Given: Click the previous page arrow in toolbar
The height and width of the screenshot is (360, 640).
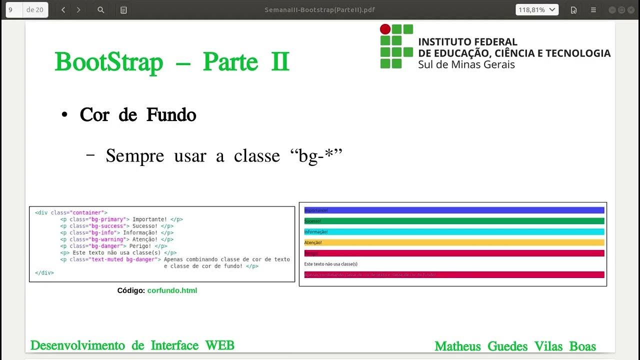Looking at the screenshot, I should [63, 10].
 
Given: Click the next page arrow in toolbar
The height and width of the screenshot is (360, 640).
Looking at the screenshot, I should [78, 10].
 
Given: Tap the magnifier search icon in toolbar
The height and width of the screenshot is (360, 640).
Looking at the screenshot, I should [101, 10].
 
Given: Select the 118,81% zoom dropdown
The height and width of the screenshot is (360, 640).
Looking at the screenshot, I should [537, 10].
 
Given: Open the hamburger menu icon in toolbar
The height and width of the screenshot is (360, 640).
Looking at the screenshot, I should [593, 10].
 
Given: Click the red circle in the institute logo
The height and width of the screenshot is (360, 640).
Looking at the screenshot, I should [385, 29].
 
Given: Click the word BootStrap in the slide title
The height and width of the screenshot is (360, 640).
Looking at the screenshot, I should [109, 62].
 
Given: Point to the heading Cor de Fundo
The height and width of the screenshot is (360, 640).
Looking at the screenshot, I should [138, 115].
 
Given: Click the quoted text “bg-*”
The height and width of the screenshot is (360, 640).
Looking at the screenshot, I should [316, 156].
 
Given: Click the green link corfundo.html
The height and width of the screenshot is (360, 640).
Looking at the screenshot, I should [172, 290].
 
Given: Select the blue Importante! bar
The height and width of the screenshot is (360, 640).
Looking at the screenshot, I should [454, 210].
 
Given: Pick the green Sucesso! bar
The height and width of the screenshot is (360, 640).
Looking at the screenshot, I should [454, 221].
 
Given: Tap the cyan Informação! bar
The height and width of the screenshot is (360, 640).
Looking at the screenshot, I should [454, 232].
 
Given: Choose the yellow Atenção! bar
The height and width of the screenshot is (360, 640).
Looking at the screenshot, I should [454, 242].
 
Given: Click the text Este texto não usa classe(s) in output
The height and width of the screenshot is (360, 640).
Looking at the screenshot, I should [330, 264].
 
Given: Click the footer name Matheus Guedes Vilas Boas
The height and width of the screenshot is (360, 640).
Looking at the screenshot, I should [515, 346].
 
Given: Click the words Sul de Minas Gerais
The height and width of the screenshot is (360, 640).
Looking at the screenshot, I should [466, 64].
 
